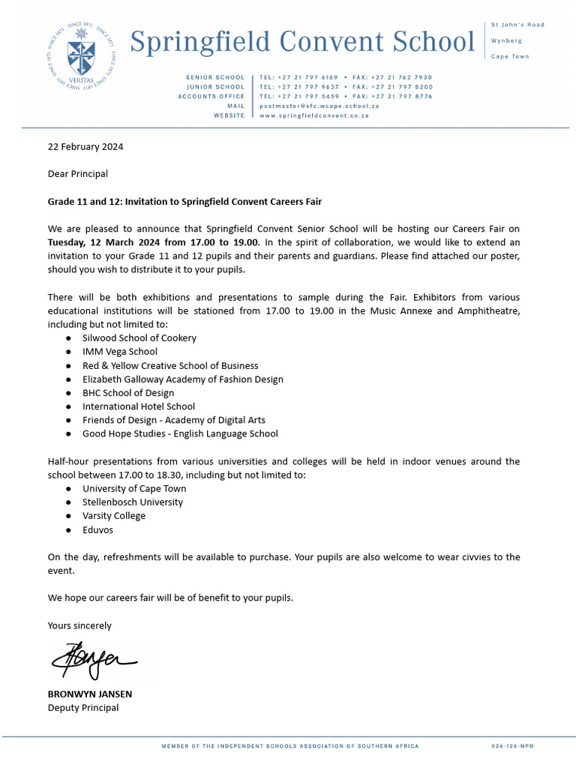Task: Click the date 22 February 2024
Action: click(x=85, y=146)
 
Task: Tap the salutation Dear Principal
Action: click(x=78, y=174)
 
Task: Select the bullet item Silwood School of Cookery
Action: click(x=139, y=338)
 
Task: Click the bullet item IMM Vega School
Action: click(x=120, y=352)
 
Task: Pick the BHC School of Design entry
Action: click(x=128, y=393)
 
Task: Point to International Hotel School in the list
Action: click(x=139, y=406)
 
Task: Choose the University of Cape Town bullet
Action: click(x=134, y=489)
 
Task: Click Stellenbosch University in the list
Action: click(x=133, y=502)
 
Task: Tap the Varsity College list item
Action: click(x=114, y=516)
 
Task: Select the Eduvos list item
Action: click(x=98, y=529)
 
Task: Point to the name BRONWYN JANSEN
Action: click(x=89, y=694)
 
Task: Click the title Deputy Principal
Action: click(x=83, y=708)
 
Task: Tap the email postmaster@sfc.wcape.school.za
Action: click(x=319, y=106)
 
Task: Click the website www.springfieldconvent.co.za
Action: click(x=313, y=116)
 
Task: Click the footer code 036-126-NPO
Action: click(x=512, y=746)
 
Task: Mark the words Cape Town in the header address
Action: click(x=509, y=57)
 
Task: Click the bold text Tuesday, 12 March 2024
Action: click(x=153, y=242)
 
